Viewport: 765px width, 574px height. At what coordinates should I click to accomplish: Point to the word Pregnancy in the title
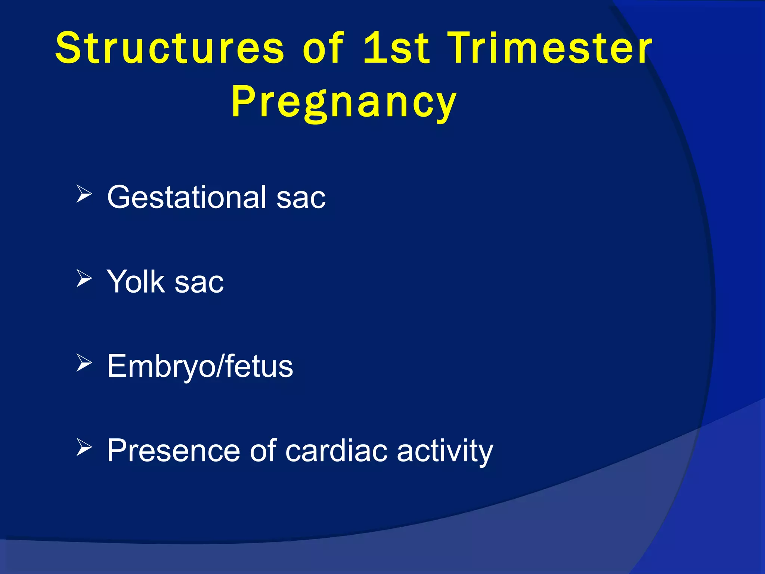coord(344,102)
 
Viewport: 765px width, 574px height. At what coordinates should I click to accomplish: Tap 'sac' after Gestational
coord(301,198)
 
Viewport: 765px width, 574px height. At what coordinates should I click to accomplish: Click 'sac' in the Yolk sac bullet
coord(199,283)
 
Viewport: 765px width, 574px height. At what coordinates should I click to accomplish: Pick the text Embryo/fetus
coord(200,367)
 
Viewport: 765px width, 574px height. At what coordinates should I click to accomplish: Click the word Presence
coord(173,451)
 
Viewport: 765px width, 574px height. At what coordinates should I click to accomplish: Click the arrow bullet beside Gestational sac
coord(84,194)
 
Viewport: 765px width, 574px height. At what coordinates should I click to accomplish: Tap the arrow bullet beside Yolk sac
coord(84,278)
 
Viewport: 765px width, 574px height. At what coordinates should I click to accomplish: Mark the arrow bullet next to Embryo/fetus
coord(84,363)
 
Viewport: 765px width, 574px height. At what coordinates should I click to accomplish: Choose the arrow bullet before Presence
coord(84,447)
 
